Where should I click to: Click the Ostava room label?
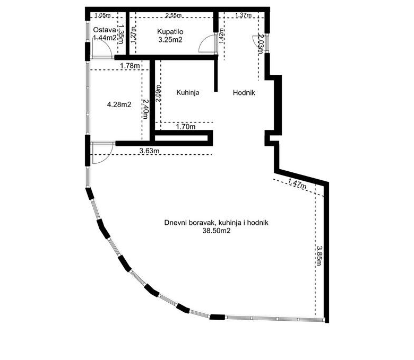click(x=105, y=29)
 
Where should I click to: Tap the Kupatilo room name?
click(x=170, y=32)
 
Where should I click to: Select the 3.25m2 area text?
click(x=170, y=40)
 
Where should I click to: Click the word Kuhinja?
click(x=188, y=93)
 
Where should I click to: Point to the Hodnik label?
click(x=244, y=93)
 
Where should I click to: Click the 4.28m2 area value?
click(x=119, y=104)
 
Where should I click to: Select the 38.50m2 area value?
click(x=216, y=231)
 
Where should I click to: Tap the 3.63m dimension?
click(x=150, y=151)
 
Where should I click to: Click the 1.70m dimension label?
click(x=186, y=127)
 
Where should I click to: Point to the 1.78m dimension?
click(x=130, y=66)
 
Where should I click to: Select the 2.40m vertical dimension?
click(x=146, y=109)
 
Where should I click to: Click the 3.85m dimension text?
click(x=319, y=256)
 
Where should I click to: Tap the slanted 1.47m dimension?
click(x=297, y=184)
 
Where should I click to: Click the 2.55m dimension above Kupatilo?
click(x=174, y=15)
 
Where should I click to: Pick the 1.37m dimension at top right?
click(x=243, y=15)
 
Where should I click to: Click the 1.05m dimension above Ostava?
click(x=102, y=15)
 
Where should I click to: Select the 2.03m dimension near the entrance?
click(x=261, y=43)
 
